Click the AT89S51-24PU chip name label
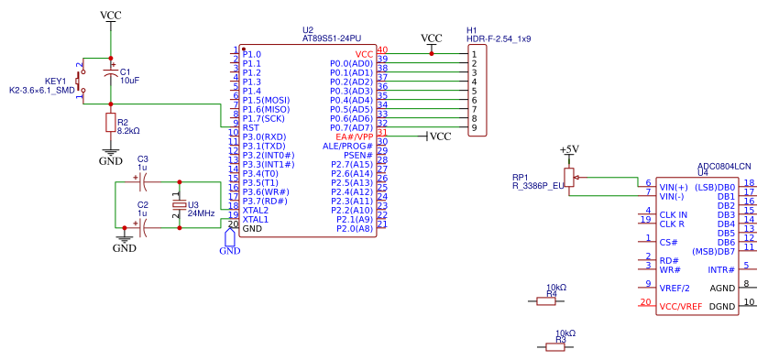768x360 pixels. [332, 38]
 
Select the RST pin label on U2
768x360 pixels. [251, 127]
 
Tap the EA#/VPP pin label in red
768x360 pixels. [354, 136]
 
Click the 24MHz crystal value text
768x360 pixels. [201, 213]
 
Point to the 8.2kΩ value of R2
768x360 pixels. [128, 131]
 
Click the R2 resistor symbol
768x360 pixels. [111, 123]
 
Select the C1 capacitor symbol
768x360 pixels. [111, 71]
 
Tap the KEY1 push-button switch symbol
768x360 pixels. [81, 82]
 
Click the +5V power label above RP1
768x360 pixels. [569, 148]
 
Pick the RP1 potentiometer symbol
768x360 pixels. [569, 175]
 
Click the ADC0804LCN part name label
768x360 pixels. [724, 166]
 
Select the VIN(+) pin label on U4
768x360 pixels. [673, 187]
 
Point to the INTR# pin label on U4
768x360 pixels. [721, 269]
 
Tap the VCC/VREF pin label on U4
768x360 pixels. [680, 305]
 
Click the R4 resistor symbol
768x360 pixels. [552, 300]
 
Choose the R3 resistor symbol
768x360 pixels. [560, 345]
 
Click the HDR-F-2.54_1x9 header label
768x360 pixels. [499, 39]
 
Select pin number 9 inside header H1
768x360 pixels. [474, 127]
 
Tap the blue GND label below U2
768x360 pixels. [228, 250]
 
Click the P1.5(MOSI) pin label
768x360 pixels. [266, 100]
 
